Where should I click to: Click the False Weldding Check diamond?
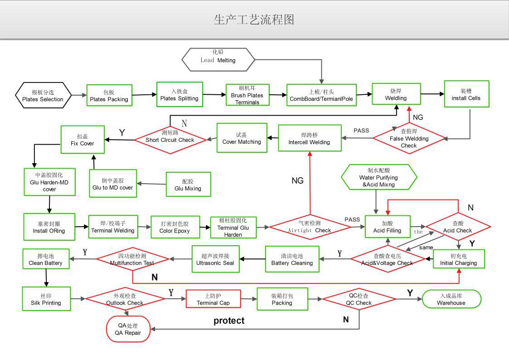click(409, 138)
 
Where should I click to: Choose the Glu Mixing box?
click(188, 185)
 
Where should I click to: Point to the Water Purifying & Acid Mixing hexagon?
click(378, 177)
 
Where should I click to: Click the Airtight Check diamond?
click(310, 226)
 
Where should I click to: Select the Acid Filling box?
click(388, 227)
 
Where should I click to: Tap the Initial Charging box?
click(458, 259)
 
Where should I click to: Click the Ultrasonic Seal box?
click(215, 259)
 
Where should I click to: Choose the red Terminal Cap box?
click(213, 299)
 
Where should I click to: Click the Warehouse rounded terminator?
click(451, 299)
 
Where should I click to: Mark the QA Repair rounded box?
click(128, 329)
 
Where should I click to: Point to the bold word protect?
click(229, 321)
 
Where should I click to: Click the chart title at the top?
click(254, 19)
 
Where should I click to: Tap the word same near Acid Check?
click(426, 248)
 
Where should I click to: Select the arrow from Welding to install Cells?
click(432, 94)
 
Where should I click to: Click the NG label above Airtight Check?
click(297, 181)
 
